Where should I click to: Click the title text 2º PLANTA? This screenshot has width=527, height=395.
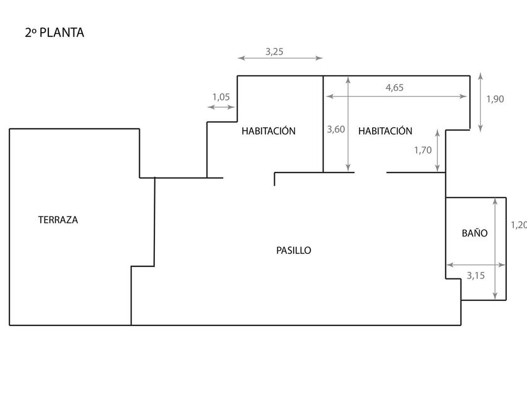[54, 33]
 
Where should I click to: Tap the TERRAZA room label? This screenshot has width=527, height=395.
[58, 220]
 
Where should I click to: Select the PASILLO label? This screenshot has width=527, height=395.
[294, 250]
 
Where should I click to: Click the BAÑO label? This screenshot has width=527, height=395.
[474, 233]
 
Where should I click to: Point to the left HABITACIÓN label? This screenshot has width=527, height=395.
[268, 131]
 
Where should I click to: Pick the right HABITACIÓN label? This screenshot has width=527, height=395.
[385, 131]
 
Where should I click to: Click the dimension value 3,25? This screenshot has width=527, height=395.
[275, 52]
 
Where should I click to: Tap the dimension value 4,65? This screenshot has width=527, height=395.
[394, 88]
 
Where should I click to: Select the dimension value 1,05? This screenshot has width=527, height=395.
[221, 97]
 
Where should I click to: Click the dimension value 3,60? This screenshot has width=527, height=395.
[336, 130]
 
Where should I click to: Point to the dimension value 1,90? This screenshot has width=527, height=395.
[495, 98]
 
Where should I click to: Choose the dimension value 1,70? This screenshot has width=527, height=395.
[423, 150]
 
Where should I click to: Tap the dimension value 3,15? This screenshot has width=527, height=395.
[477, 274]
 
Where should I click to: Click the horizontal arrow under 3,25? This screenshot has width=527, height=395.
[280, 59]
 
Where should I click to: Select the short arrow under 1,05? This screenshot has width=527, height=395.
[220, 107]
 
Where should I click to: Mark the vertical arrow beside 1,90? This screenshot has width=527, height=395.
[480, 102]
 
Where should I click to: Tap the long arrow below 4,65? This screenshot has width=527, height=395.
[396, 97]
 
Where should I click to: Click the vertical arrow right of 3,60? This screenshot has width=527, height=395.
[348, 124]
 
